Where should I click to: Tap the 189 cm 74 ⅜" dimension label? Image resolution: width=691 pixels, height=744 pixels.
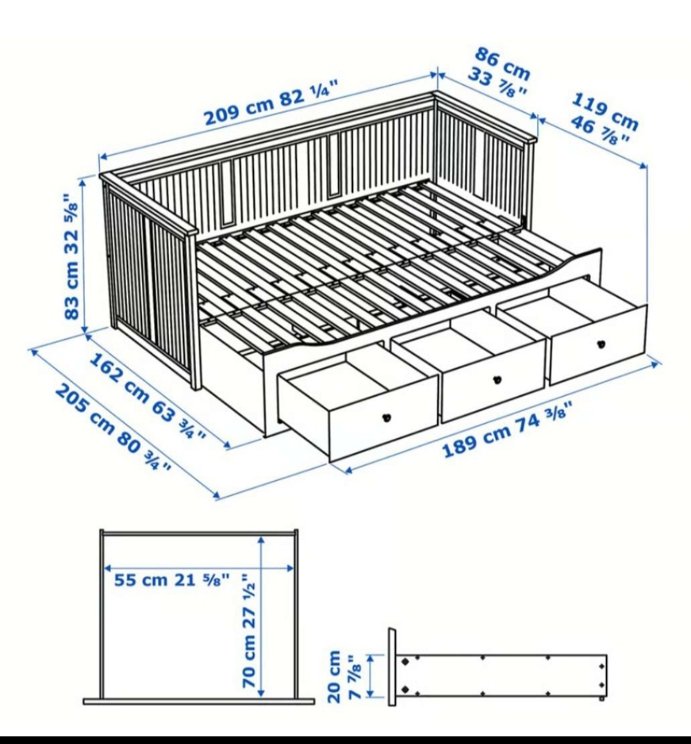click(507, 431)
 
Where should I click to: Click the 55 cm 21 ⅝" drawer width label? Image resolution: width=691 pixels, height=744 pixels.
click(171, 580)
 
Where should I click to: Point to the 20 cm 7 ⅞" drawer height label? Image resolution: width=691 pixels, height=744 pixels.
click(344, 676)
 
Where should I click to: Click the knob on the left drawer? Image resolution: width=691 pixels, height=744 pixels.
click(386, 418)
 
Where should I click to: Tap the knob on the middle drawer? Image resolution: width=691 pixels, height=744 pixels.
click(497, 380)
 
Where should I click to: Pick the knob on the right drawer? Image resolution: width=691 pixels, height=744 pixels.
click(601, 344)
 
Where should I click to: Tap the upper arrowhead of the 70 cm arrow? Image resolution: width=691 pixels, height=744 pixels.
click(260, 540)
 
